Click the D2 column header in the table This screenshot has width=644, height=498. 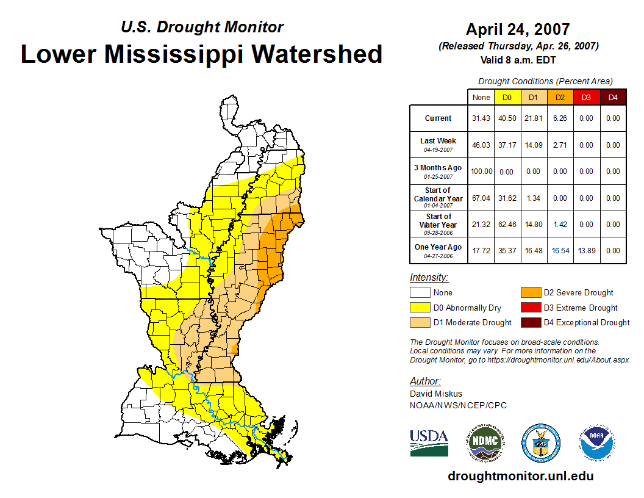[x=560, y=98]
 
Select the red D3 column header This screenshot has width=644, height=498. [x=587, y=98]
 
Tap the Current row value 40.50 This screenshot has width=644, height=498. [x=507, y=118]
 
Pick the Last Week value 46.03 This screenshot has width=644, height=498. [x=481, y=145]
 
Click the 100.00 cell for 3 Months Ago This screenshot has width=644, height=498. [x=481, y=171]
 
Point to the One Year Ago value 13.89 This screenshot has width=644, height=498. [x=587, y=251]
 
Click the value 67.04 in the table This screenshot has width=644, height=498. [x=481, y=198]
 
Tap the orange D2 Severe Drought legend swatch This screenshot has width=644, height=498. [x=529, y=293]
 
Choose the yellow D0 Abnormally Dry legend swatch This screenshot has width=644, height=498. [x=420, y=308]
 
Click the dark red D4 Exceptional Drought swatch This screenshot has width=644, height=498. [x=529, y=322]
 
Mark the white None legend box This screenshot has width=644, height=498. [x=420, y=293]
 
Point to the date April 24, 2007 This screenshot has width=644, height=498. [x=518, y=29]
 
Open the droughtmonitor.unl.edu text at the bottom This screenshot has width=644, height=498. [x=520, y=476]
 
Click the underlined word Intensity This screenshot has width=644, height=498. [x=429, y=278]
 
